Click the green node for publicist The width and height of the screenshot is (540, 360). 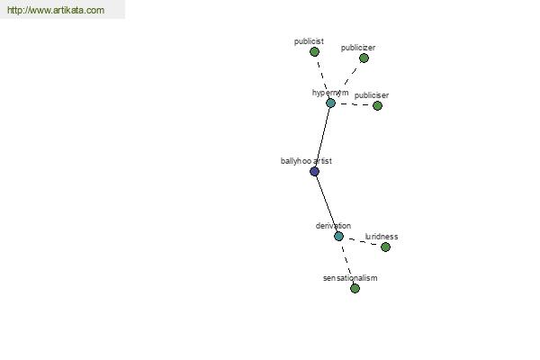coord(314,52)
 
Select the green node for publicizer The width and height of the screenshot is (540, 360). coord(364,58)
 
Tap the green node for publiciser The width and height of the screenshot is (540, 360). coord(377,106)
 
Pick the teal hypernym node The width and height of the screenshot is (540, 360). coord(330,103)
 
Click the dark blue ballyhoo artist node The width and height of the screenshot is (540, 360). coord(314,172)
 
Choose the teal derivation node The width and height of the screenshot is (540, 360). coord(339,237)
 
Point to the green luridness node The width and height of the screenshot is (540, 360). coord(385,247)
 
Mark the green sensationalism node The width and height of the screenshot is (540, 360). coord(355,288)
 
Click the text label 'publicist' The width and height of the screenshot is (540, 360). coord(309,41)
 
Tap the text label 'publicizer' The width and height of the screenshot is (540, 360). coord(358,48)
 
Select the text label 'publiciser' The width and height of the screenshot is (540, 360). coord(372,95)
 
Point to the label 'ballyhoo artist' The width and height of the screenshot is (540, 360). coord(306,161)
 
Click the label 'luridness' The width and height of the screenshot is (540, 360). coord(382,237)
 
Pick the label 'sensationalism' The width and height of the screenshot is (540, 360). coord(350,278)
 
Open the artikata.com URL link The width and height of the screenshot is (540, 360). coord(56,10)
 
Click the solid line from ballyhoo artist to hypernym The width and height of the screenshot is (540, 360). coord(323,137)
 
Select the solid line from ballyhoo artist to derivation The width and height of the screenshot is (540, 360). coord(327,204)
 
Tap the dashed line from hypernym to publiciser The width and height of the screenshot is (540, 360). coord(354,104)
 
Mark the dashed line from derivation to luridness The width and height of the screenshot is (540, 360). coord(363,241)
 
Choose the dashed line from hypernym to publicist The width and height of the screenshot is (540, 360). coord(322,77)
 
